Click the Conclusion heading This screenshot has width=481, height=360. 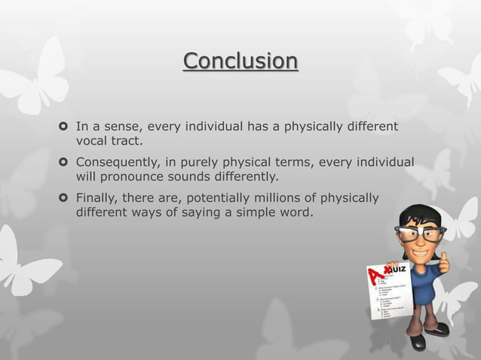tap(240, 60)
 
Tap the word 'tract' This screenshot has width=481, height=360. tap(127, 140)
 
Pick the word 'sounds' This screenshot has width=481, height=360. tap(182, 178)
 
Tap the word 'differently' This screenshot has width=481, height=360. tap(243, 178)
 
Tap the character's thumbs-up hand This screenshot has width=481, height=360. tap(443, 263)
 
